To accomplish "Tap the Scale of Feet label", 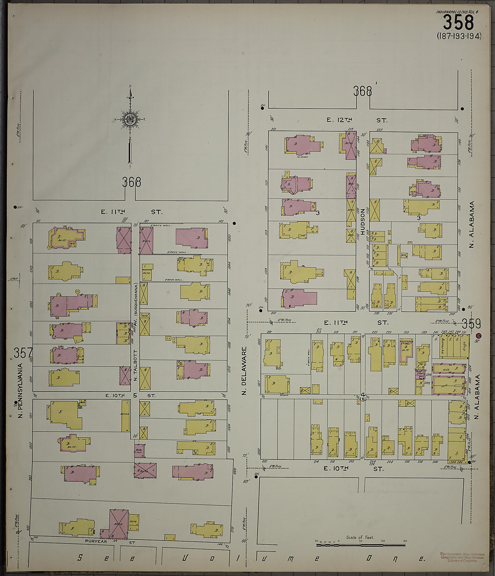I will (360, 537).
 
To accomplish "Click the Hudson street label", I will (362, 222).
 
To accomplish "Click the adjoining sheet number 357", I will (23, 353).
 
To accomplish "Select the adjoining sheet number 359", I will (471, 324).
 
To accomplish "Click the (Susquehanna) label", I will (136, 299).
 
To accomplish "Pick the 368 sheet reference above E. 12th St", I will (362, 91).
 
